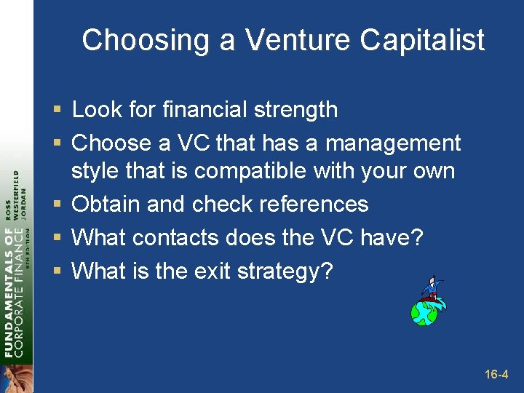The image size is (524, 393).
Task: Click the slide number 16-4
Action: (496, 375)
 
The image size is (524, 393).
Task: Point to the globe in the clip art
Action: (424, 311)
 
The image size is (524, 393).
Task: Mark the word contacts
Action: (177, 237)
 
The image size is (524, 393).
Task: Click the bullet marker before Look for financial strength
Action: (57, 111)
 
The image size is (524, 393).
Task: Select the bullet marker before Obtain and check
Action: (57, 205)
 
